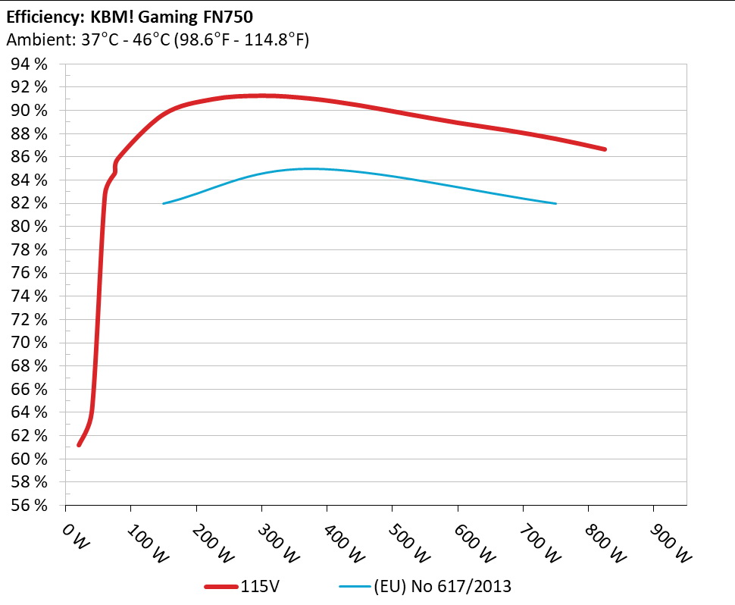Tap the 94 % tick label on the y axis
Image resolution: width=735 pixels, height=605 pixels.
tap(30, 64)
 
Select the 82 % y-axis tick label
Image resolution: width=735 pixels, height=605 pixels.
tap(30, 203)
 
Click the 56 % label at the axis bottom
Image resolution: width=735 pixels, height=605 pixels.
tap(30, 505)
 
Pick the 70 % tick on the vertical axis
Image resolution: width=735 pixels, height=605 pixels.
tap(30, 343)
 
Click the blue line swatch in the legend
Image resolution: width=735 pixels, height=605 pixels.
tap(353, 586)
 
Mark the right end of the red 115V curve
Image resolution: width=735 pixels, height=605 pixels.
tap(605, 149)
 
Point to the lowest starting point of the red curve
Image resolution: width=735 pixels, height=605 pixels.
tap(79, 444)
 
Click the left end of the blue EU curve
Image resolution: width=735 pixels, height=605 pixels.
tap(164, 203)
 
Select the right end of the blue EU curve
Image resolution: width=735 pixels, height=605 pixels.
tap(555, 203)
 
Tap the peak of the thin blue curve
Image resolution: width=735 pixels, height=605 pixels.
tap(311, 168)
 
